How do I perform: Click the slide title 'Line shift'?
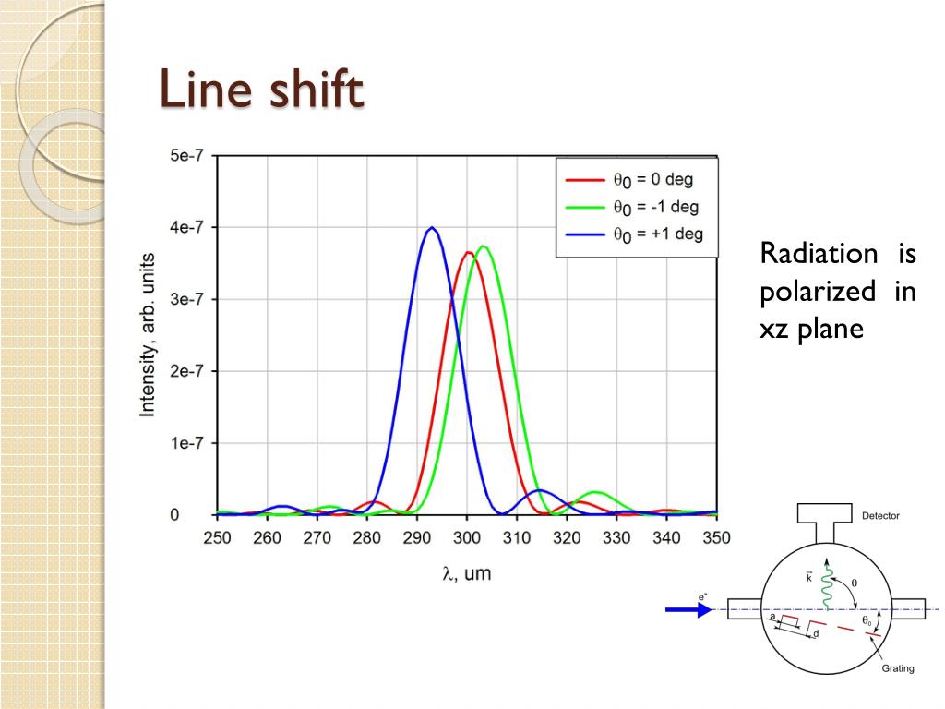coord(262,93)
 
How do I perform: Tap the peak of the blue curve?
coord(431,228)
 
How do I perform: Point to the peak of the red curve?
coord(468,253)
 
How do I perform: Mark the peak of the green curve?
coord(483,246)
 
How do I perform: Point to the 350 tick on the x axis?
coord(716,538)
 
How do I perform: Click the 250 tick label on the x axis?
coord(218,538)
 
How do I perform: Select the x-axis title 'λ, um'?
coord(466,574)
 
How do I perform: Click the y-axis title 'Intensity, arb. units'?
coord(148,335)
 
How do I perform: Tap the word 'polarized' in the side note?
coord(818,292)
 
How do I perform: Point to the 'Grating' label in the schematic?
coord(897,667)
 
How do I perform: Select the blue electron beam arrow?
coord(688,609)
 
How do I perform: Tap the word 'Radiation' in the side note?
coord(819,254)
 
